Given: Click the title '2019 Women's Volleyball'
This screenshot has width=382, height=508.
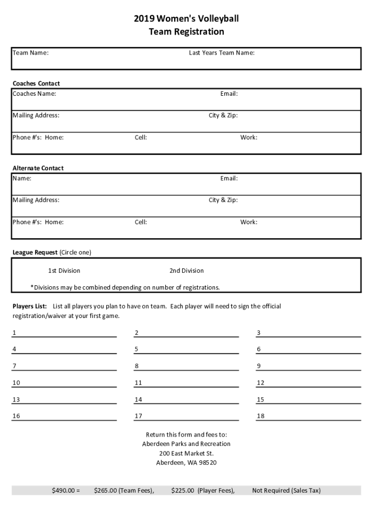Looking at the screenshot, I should [x=186, y=19].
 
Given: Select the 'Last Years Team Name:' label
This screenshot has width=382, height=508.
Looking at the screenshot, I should [x=221, y=53].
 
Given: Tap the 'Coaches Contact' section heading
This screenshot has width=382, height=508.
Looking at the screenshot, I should [x=36, y=83].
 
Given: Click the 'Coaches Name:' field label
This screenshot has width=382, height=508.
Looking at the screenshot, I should [x=34, y=94].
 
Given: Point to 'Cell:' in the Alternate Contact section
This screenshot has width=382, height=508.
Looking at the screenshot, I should [x=140, y=222].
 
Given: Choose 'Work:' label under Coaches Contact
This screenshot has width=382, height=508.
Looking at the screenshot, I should [x=249, y=137].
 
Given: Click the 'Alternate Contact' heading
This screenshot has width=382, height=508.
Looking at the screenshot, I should [x=38, y=168].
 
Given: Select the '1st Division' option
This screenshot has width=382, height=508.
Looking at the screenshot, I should [x=64, y=271].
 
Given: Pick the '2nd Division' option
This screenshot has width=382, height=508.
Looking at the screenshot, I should [x=187, y=271].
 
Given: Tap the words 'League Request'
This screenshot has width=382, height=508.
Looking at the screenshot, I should [x=35, y=253].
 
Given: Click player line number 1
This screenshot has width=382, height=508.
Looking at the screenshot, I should [x=64, y=333].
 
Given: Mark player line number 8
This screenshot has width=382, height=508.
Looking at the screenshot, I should [x=186, y=367].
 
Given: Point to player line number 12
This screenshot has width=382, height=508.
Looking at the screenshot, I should [x=308, y=383].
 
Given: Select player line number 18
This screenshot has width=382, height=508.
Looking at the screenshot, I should [x=308, y=416].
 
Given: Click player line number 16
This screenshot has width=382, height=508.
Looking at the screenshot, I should [x=64, y=416].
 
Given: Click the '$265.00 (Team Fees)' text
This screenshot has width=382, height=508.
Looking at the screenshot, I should [x=124, y=491].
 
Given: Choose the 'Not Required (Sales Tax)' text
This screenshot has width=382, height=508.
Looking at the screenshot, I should [x=286, y=491].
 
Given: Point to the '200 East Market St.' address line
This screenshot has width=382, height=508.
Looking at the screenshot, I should [x=187, y=453].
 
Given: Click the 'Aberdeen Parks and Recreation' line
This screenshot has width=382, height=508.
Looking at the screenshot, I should [x=187, y=444].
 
